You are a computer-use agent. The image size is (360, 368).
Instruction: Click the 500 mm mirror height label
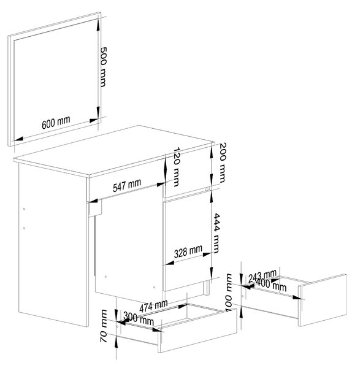tap(104, 67)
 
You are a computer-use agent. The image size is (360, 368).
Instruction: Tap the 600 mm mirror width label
tap(56, 122)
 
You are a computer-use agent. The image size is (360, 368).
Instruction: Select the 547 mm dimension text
tap(127, 185)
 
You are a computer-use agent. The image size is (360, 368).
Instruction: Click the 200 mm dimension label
tap(222, 163)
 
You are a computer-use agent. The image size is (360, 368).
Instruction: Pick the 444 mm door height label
tap(216, 233)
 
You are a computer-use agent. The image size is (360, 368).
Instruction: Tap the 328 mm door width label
tap(188, 251)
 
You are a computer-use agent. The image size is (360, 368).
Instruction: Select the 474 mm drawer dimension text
tap(153, 306)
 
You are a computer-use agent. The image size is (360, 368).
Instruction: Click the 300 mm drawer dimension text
tap(139, 318)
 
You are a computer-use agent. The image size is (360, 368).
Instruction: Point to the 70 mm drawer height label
tap(104, 326)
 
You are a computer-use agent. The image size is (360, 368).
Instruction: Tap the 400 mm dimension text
tap(271, 285)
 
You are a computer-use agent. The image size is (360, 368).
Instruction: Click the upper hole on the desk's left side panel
tap(24, 209)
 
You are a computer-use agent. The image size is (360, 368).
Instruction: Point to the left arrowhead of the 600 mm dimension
tap(18, 139)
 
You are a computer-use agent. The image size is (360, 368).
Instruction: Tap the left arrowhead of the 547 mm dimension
tap(93, 201)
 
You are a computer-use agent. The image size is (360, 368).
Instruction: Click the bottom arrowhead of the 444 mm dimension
tap(211, 272)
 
